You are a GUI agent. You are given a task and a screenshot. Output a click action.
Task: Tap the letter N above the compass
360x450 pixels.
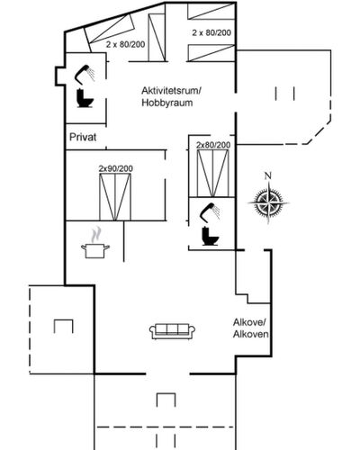pyautogui.click(x=268, y=175)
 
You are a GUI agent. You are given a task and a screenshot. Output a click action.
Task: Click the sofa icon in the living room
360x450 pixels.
pyautogui.click(x=172, y=331)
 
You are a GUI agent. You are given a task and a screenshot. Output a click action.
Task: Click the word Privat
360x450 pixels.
pyautogui.click(x=83, y=137)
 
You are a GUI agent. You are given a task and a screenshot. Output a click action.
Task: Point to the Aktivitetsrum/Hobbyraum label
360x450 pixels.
pyautogui.click(x=171, y=96)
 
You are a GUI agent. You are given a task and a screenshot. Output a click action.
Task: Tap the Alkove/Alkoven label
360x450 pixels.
pyautogui.click(x=251, y=328)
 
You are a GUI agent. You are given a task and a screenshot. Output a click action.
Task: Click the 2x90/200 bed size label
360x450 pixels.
pyautogui.click(x=115, y=168)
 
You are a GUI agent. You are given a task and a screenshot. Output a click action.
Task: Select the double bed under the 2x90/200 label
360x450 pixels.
pyautogui.click(x=115, y=197)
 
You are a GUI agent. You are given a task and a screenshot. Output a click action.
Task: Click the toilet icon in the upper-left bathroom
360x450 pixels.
pyautogui.click(x=85, y=98)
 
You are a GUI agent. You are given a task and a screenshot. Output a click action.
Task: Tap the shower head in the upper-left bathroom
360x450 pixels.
pyautogui.click(x=85, y=73)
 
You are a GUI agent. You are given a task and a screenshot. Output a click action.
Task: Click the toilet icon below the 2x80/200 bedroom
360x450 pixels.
pyautogui.click(x=211, y=237)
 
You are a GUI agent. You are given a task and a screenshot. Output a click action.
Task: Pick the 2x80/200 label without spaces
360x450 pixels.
pyautogui.click(x=213, y=145)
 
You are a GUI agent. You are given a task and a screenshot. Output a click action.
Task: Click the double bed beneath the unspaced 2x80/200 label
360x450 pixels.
pyautogui.click(x=212, y=173)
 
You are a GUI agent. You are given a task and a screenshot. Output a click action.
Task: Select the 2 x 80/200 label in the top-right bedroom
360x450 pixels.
pyautogui.click(x=211, y=32)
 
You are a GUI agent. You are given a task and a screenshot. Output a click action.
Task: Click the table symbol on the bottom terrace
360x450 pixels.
pyautogui.click(x=166, y=400)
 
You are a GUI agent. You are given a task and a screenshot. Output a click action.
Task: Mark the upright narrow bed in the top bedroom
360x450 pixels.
pyautogui.click(x=157, y=37)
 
